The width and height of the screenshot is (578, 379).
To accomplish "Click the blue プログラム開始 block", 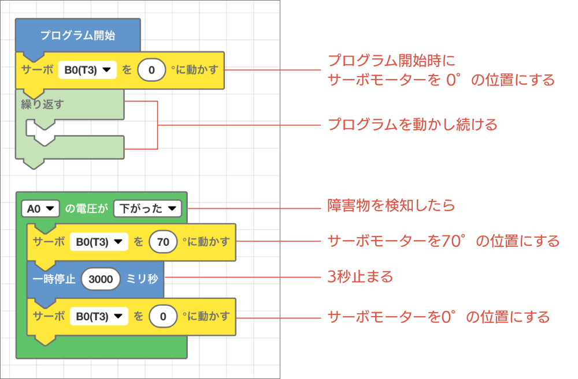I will coord(77,35).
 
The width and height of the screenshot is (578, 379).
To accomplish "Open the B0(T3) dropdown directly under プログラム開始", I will coord(87,70).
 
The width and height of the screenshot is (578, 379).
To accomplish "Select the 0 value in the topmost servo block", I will coord(152,70).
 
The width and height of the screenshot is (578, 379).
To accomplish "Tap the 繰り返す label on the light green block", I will coord(42,104).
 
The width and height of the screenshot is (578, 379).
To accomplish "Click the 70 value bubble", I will coord(163,242).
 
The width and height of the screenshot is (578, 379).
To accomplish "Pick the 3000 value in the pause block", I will coord(101,279).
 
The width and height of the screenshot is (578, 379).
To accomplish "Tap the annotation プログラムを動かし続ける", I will coord(413,125).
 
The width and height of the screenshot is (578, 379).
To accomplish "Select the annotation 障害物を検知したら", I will coord(391,205).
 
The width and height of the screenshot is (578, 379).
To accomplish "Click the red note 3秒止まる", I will coord(360,277).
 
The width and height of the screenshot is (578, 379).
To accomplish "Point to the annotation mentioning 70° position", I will coord(443,241).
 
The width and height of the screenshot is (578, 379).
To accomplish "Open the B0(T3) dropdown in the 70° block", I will coord(99,242).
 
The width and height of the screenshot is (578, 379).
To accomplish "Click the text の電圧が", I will coord(87,208).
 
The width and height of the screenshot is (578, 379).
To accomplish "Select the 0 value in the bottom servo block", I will coord(163,316).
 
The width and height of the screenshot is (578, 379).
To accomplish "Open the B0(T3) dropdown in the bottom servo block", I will coord(99,316).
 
